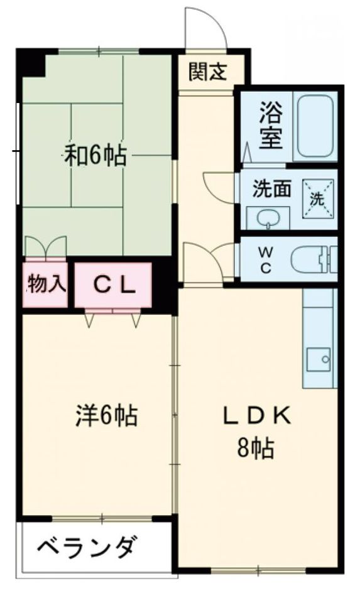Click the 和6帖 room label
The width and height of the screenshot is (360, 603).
click(95, 155)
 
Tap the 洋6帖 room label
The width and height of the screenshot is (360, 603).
click(106, 415)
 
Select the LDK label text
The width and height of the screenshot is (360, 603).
click(257, 415)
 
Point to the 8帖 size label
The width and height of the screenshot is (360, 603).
click(256, 448)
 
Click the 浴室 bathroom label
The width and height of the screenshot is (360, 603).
click(271, 125)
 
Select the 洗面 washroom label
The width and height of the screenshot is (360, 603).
click(271, 188)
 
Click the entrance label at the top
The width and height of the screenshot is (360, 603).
click(208, 72)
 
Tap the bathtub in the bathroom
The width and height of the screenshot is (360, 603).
click(315, 126)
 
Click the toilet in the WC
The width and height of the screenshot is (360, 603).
click(314, 260)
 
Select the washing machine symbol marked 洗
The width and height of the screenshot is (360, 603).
click(317, 198)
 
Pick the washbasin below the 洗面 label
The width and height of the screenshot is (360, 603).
click(268, 218)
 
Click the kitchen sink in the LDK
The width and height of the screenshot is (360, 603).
click(319, 359)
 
